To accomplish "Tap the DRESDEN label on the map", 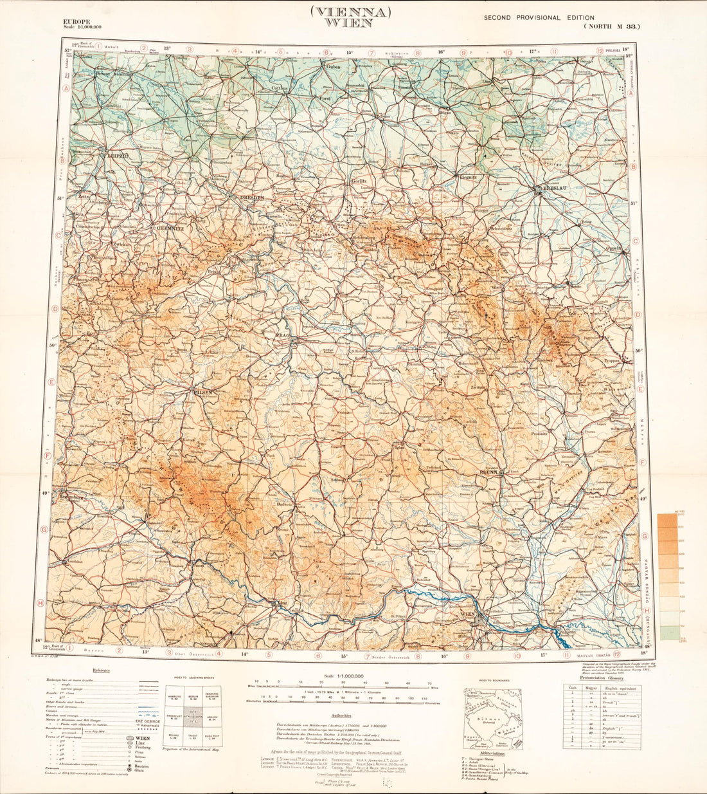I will coord(251,198).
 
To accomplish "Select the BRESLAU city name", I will coord(553,189).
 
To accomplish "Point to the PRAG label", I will coord(284,335).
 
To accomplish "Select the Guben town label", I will coord(333,67).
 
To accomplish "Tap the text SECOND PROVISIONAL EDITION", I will coord(539,17).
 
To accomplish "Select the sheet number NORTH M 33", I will coord(612,27).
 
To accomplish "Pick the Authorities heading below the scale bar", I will coord(341,716).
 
